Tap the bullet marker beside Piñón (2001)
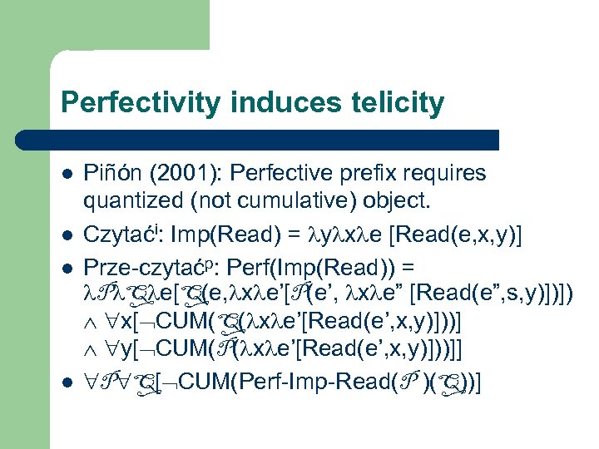(65, 175)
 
